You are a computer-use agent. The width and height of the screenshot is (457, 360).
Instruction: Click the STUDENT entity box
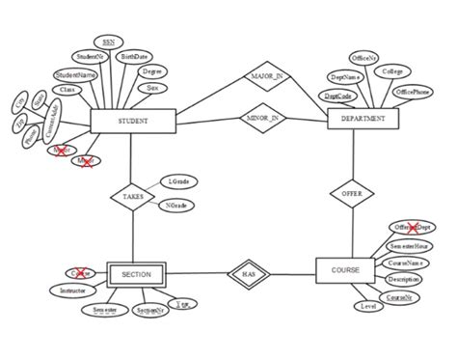pos(132,122)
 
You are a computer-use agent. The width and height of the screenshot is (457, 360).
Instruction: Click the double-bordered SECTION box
pos(136,275)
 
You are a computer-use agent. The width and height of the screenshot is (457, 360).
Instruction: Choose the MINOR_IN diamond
pos(263,119)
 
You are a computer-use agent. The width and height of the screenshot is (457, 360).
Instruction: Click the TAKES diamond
pos(133,197)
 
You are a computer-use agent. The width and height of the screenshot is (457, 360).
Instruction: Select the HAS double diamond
pos(248,275)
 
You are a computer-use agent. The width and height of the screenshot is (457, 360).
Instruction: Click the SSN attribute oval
pos(109,42)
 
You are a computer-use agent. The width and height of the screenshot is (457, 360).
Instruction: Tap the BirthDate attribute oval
pos(135,57)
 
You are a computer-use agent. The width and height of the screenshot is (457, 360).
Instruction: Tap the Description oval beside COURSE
pos(403,280)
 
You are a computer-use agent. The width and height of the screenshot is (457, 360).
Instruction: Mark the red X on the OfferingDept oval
pos(412,227)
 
